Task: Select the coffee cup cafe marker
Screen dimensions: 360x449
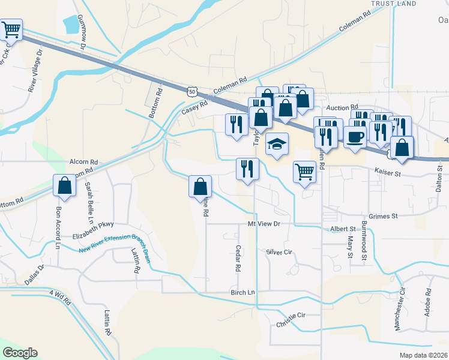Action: tap(355, 137)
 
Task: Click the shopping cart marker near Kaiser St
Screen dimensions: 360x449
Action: tap(305, 172)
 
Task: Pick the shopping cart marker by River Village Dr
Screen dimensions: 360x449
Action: tap(10, 29)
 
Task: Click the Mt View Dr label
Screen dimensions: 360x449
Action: tap(264, 223)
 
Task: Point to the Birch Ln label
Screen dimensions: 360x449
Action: tap(243, 293)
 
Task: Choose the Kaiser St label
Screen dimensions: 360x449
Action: tap(387, 172)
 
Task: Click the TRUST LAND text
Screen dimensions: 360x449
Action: tap(394, 4)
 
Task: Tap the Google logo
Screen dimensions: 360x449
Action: tap(20, 353)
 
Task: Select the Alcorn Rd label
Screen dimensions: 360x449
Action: tap(83, 162)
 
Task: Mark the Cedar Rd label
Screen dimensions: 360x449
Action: tap(238, 258)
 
